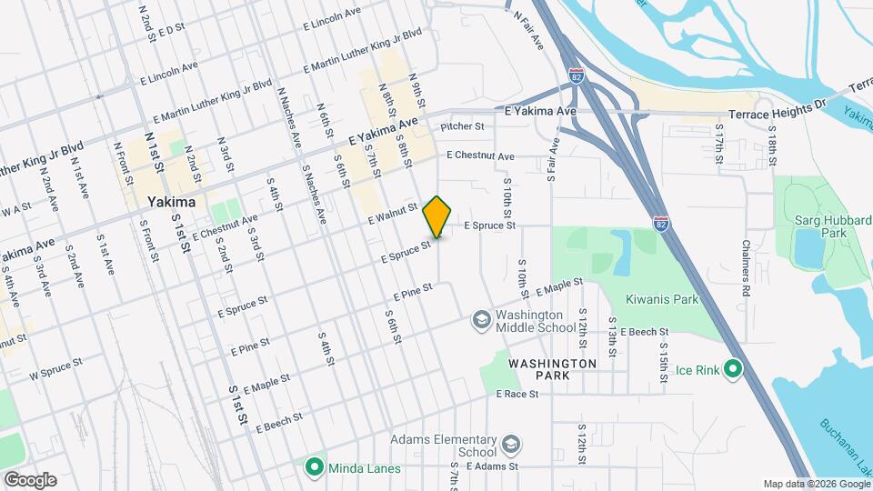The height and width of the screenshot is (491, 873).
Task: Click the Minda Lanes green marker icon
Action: (x=315, y=468)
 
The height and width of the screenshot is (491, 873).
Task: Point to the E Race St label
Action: (x=517, y=394)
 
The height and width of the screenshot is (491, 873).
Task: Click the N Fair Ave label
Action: (x=529, y=28)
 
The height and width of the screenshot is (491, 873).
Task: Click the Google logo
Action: (x=30, y=480)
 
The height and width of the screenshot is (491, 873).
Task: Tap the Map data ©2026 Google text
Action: (x=816, y=484)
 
